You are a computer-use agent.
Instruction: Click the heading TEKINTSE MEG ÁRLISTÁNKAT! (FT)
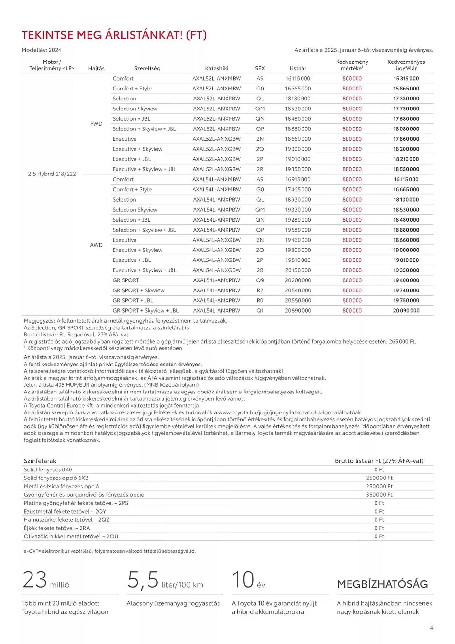(114, 35)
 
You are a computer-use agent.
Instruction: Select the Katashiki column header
(216, 68)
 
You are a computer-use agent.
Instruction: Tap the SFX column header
(260, 68)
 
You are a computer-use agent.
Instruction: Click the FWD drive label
(96, 124)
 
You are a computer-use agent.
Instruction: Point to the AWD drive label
(96, 245)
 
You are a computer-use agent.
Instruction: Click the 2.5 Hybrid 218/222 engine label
(52, 174)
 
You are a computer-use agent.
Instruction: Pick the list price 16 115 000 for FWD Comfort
(298, 78)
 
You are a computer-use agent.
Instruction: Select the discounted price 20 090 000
(406, 311)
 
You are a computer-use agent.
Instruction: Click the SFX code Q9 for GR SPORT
(260, 280)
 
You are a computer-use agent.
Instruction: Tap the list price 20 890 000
(298, 311)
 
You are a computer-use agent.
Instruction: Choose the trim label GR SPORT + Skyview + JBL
(145, 311)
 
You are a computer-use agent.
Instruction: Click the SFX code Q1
(260, 311)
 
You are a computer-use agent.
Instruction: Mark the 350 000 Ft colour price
(379, 495)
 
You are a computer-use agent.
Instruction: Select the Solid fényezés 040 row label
(48, 469)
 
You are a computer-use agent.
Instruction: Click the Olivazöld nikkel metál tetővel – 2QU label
(71, 536)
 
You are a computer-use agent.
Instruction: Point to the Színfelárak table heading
(40, 461)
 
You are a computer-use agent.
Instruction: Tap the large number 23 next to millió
(35, 580)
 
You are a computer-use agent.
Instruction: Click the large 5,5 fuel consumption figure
(143, 580)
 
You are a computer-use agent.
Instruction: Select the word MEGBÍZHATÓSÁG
(382, 584)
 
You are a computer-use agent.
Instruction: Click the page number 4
(431, 628)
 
